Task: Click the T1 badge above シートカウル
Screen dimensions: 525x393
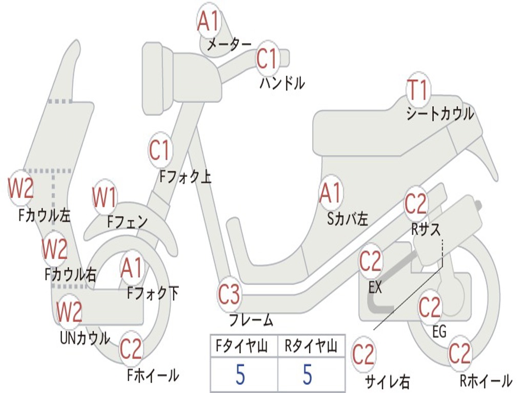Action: coord(418,89)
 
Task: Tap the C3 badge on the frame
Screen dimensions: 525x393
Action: coord(229,294)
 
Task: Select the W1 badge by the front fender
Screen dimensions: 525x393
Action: coord(104,197)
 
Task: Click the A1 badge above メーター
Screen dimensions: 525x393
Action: coord(208,20)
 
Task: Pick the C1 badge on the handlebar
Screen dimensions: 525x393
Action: coord(268,58)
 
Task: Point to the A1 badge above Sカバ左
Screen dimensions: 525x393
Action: coord(331,192)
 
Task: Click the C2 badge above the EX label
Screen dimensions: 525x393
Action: coord(370,261)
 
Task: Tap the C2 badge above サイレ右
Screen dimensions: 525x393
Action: coord(364,354)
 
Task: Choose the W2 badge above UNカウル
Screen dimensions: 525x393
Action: coord(69,312)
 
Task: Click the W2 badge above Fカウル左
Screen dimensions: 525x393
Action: coord(21,188)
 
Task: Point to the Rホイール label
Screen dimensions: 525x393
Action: coord(486,380)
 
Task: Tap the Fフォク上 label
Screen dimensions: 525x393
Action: coord(186,177)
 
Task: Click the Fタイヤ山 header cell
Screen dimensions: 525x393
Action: coord(244,346)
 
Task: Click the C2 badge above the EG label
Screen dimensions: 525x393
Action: coord(430,308)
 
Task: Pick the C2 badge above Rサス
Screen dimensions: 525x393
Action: coord(415,203)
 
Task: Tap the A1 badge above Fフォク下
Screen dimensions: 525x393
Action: coord(132,268)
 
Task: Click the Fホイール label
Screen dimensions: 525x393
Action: coord(153,375)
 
